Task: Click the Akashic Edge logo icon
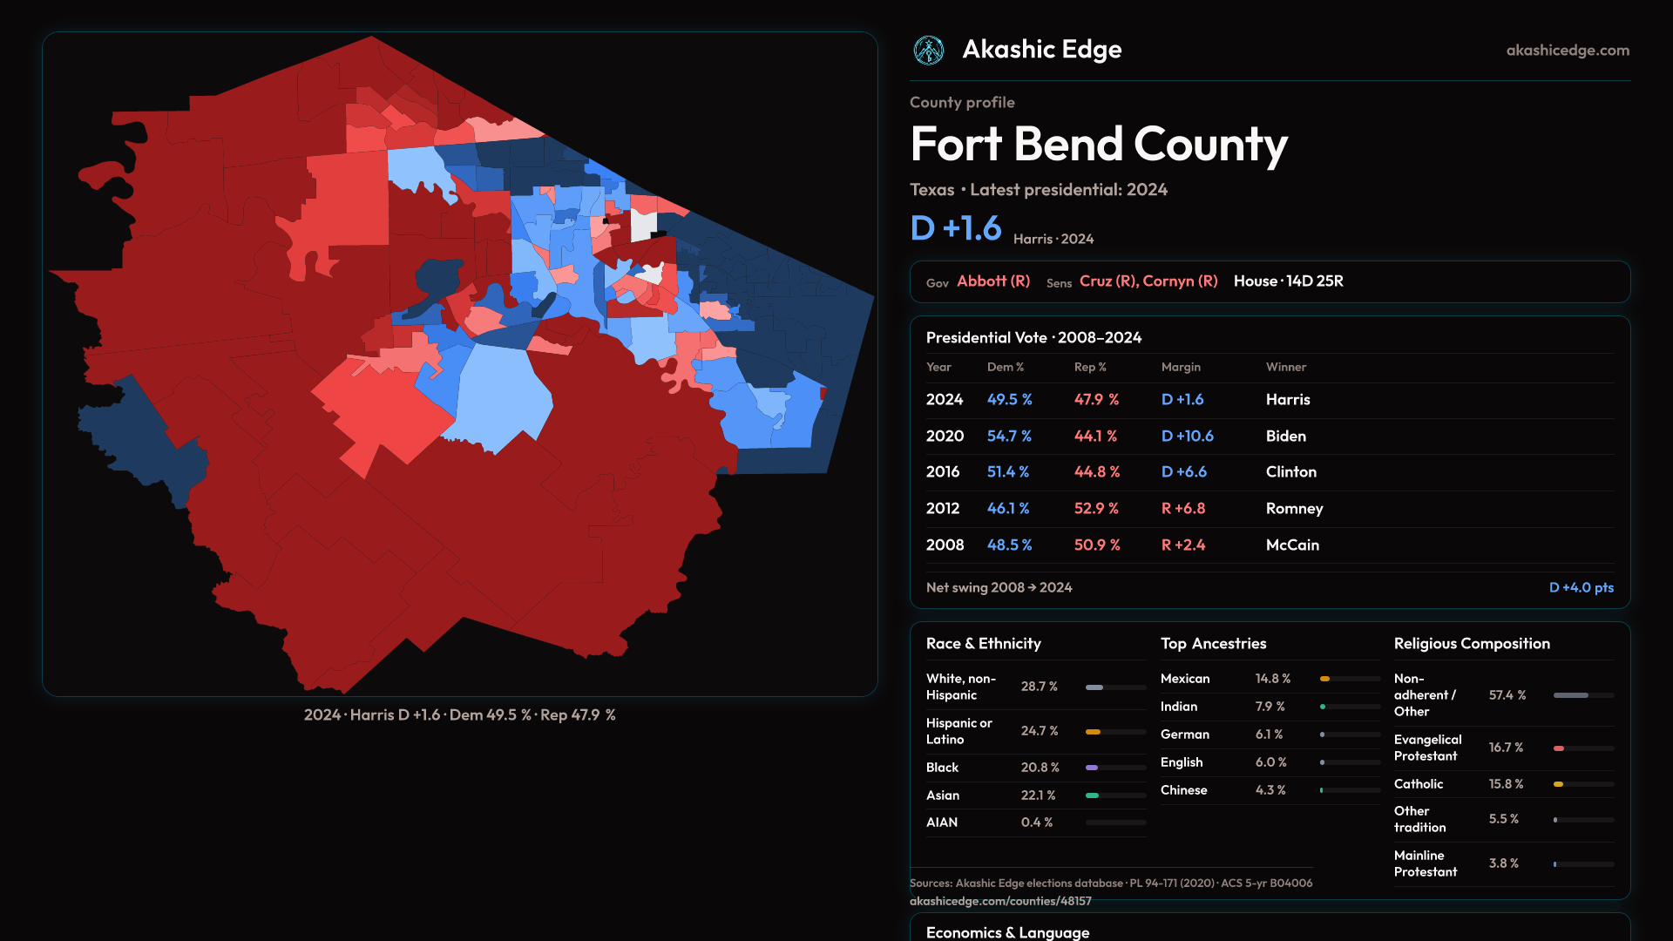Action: pyautogui.click(x=929, y=51)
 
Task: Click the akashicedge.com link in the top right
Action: pyautogui.click(x=1568, y=51)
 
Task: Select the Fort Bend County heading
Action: pyautogui.click(x=1099, y=145)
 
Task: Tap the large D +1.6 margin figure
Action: pyautogui.click(x=956, y=228)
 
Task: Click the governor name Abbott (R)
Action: pyautogui.click(x=993, y=281)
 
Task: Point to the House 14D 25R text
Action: pyautogui.click(x=1288, y=281)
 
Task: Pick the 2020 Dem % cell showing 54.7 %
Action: pyautogui.click(x=1009, y=436)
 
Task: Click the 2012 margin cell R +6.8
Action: pyautogui.click(x=1183, y=508)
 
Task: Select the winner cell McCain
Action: pyautogui.click(x=1292, y=545)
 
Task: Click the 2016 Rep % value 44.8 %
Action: pyautogui.click(x=1097, y=471)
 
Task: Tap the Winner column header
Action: pyautogui.click(x=1285, y=367)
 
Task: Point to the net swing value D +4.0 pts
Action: pyautogui.click(x=1581, y=587)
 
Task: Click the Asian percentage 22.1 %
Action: pyautogui.click(x=1038, y=795)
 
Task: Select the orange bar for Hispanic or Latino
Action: pyautogui.click(x=1094, y=732)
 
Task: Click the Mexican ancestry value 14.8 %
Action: pyautogui.click(x=1272, y=679)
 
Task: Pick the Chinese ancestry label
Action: pyautogui.click(x=1183, y=790)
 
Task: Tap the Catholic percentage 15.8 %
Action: pyautogui.click(x=1506, y=784)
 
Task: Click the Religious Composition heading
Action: pyautogui.click(x=1472, y=644)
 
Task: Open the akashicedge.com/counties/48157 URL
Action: pyautogui.click(x=1000, y=901)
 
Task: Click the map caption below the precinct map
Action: pyautogui.click(x=459, y=715)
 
